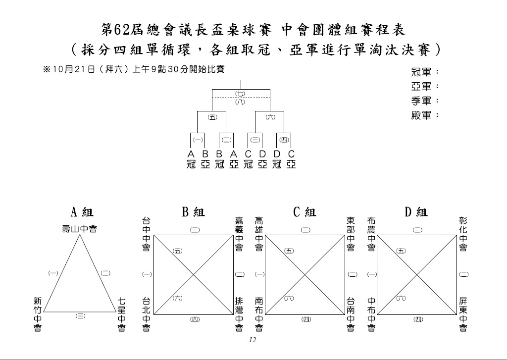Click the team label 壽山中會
click(x=80, y=229)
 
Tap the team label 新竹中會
click(x=38, y=314)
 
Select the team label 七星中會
click(x=121, y=314)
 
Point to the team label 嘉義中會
click(x=239, y=234)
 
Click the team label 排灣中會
click(x=239, y=314)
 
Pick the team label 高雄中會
click(x=259, y=234)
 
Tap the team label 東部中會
click(x=351, y=234)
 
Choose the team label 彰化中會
click(x=463, y=234)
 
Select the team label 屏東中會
click(x=463, y=314)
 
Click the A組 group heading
click(x=82, y=212)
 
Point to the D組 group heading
click(x=416, y=212)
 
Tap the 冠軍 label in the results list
click(x=421, y=72)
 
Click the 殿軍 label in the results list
click(x=421, y=115)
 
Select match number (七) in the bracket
click(x=240, y=94)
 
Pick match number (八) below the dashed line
click(x=240, y=102)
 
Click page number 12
click(x=253, y=340)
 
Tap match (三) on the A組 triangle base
click(x=81, y=316)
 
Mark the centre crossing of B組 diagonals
click(x=194, y=275)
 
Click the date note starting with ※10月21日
click(x=134, y=69)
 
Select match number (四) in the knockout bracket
click(x=284, y=140)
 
